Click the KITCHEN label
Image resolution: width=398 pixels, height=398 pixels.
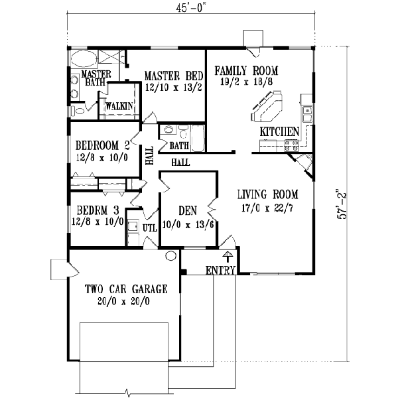pos(279,132)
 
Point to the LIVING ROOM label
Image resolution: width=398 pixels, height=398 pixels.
pos(268,194)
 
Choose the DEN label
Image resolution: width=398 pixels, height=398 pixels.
pos(188,210)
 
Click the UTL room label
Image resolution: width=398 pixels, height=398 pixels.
pos(150,228)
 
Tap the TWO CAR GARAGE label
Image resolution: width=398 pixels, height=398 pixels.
pos(125,289)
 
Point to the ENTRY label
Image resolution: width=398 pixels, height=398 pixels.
pos(220,271)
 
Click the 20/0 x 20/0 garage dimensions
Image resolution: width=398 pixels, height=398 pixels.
pos(125,300)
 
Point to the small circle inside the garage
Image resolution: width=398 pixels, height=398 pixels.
pos(170,255)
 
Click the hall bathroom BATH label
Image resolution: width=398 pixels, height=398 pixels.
pos(179,145)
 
